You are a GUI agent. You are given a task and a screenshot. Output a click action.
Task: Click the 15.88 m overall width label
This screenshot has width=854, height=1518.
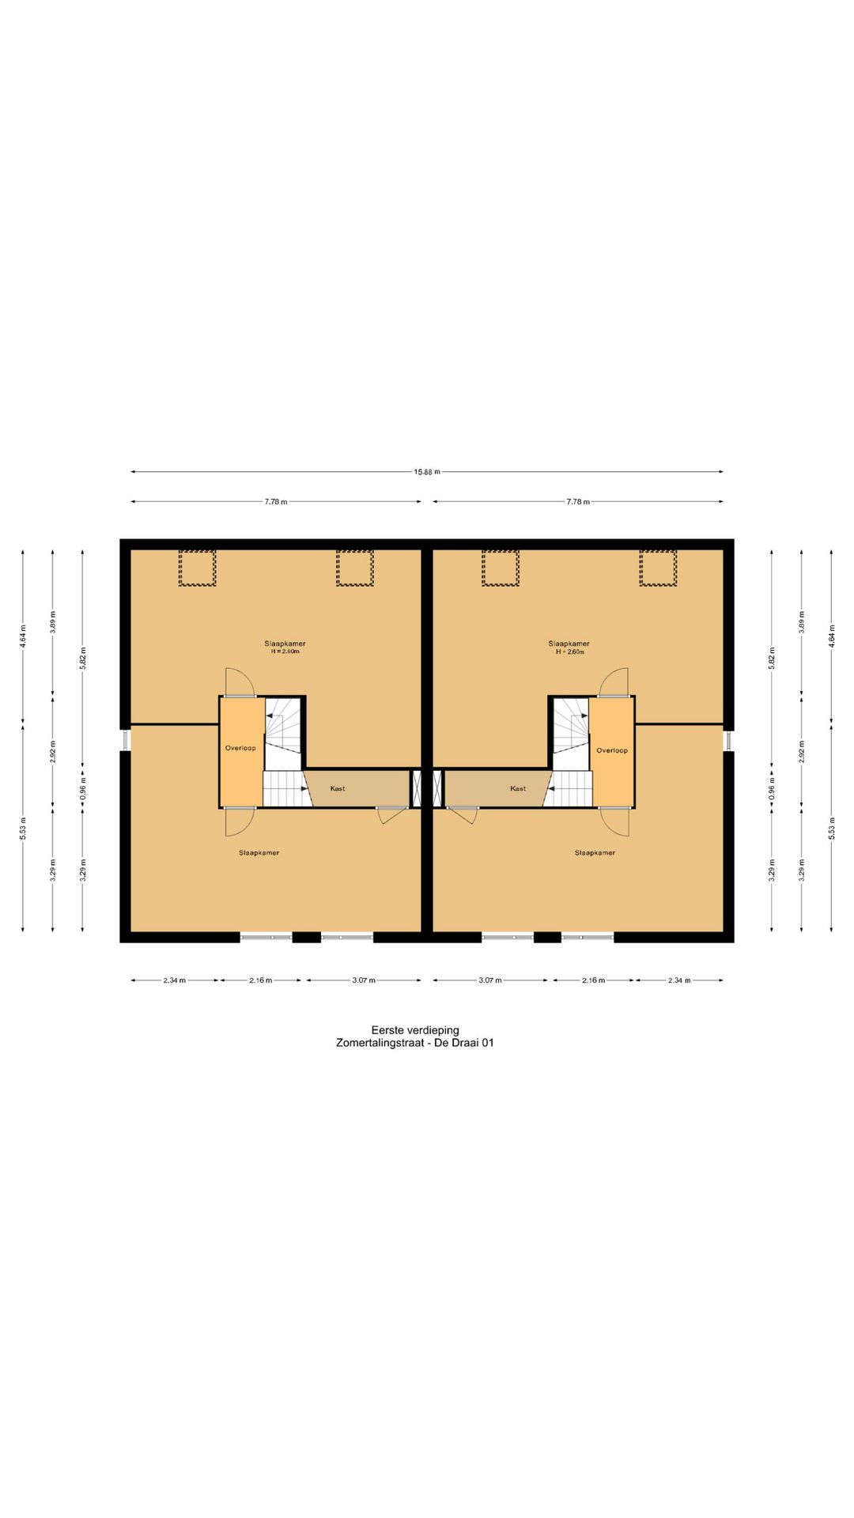click(426, 472)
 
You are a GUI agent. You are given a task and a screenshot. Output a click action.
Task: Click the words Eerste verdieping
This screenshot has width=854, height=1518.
click(415, 1030)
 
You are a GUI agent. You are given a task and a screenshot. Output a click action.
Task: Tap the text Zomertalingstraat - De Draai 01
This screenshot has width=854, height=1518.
click(415, 1043)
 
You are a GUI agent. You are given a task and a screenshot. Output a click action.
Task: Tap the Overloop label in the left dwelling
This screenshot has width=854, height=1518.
click(240, 748)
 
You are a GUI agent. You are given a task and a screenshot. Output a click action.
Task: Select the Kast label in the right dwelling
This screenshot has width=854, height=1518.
click(518, 788)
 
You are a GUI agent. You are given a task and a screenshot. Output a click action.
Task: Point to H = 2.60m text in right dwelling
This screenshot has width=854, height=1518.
click(569, 652)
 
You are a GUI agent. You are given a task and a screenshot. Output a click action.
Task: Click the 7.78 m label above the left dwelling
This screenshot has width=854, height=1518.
click(276, 502)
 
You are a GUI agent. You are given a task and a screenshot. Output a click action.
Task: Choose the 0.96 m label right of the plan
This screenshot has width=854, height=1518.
click(772, 788)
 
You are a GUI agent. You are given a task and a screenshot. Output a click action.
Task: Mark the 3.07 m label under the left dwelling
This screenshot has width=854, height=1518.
click(364, 980)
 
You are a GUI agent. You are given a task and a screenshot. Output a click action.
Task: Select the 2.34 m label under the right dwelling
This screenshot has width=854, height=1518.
click(679, 980)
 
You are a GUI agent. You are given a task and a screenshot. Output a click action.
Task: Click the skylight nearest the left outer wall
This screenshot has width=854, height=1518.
click(197, 568)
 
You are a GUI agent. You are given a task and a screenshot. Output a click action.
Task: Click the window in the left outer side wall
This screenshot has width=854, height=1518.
click(126, 739)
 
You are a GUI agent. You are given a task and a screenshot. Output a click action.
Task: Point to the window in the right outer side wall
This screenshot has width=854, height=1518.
click(728, 739)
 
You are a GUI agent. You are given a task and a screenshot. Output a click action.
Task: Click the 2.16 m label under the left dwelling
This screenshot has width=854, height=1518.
click(261, 980)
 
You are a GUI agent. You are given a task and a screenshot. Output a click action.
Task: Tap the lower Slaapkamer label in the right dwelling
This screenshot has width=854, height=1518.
click(595, 853)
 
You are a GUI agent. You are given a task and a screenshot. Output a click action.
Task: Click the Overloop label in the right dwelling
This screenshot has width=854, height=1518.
click(612, 750)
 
